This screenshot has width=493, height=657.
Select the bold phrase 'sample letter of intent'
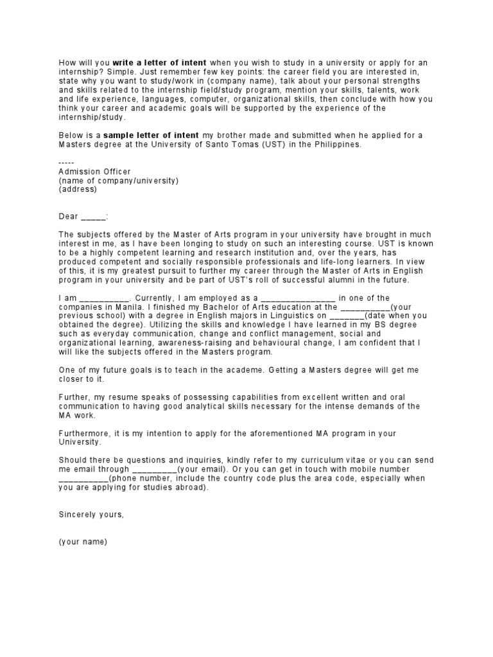tap(152, 135)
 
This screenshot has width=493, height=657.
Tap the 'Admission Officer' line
tap(94, 171)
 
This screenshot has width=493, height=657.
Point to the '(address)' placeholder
tap(78, 189)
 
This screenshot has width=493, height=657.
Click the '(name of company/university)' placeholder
tap(118, 180)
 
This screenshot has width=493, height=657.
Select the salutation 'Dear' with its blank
tap(83, 216)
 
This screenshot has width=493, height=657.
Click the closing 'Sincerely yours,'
tap(91, 515)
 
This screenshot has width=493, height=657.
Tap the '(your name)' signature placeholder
tap(83, 542)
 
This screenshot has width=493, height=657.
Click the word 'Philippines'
tap(338, 144)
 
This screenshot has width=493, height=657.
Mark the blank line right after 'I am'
tap(105, 298)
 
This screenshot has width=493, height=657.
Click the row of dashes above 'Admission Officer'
tap(67, 162)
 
